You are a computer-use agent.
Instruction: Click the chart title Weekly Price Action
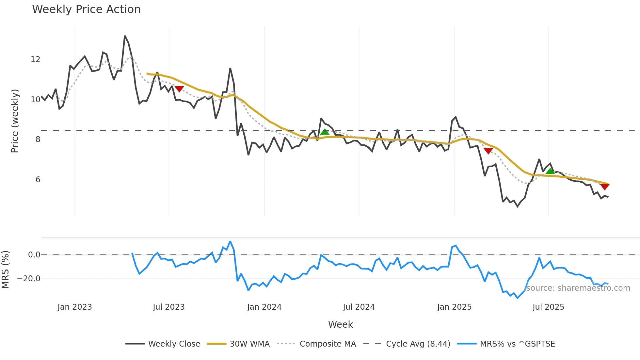(x=86, y=9)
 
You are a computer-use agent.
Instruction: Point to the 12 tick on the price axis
(x=36, y=59)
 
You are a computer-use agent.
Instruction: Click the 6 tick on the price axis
(x=38, y=180)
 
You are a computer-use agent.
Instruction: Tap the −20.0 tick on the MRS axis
(x=29, y=279)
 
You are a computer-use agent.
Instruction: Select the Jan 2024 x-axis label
(x=264, y=307)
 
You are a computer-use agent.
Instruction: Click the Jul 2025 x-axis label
(x=548, y=307)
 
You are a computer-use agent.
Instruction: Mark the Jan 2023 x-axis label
(x=75, y=307)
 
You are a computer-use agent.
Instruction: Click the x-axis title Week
(x=340, y=324)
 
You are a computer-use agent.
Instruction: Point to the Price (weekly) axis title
(x=15, y=121)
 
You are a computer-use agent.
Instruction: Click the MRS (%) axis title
(x=6, y=270)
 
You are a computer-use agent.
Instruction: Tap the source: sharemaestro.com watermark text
(x=578, y=288)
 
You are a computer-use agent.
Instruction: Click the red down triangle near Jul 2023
(x=179, y=89)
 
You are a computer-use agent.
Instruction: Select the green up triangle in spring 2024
(x=325, y=132)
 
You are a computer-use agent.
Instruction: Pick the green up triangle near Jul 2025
(x=550, y=171)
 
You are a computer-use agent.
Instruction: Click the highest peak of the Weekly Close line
(x=125, y=36)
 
